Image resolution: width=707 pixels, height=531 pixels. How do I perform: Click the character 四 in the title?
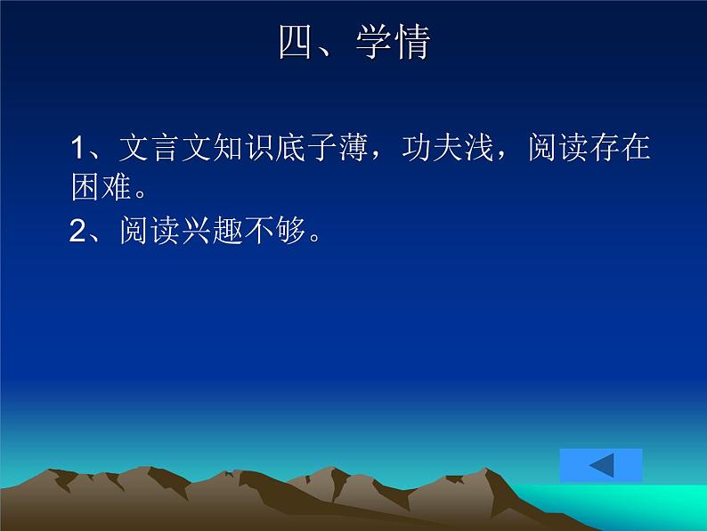[296, 43]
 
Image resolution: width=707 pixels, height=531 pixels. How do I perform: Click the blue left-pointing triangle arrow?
[602, 465]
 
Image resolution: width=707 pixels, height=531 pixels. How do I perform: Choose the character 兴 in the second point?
[181, 232]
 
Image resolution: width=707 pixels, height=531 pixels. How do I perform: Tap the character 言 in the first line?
[161, 148]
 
